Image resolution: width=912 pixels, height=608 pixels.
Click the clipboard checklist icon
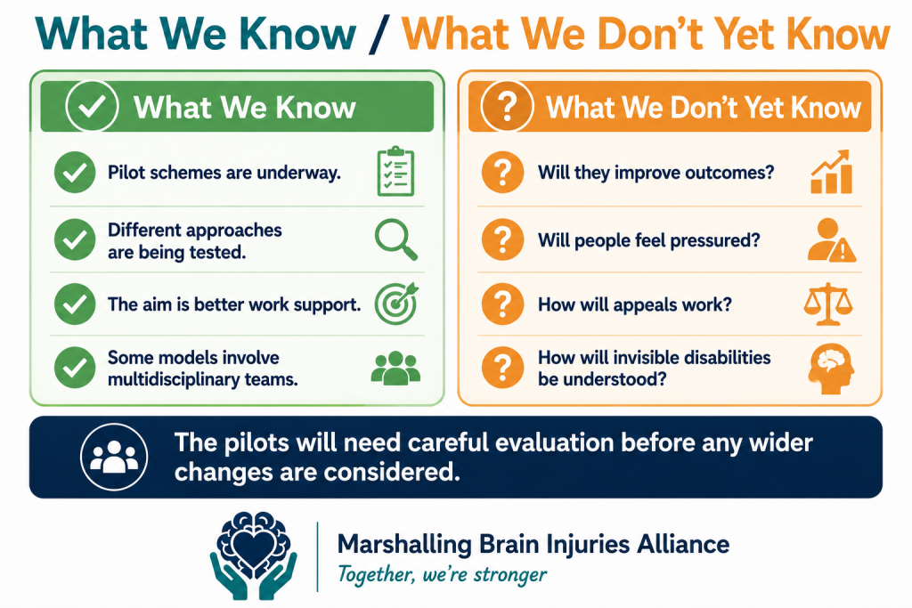click(395, 172)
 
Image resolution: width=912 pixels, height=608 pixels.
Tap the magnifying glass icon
click(395, 239)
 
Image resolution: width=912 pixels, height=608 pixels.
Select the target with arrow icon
click(396, 304)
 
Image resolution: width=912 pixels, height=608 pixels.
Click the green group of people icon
click(395, 368)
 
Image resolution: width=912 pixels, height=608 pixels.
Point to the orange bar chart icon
click(832, 172)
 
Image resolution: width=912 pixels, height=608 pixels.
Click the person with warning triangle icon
click(832, 239)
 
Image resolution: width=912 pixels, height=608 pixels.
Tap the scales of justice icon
click(828, 304)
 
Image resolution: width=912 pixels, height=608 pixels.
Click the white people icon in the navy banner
click(114, 457)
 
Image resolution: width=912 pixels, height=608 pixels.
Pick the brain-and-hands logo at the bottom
click(254, 555)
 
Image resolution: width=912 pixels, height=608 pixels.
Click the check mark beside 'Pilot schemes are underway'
click(75, 173)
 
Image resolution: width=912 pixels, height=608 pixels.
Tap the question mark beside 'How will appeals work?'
click(503, 304)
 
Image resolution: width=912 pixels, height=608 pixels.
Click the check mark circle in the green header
click(92, 106)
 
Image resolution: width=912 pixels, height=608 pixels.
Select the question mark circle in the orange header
click(507, 106)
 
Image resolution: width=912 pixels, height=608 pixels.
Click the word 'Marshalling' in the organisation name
click(405, 545)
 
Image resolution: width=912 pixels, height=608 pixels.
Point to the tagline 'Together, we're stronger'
click(442, 574)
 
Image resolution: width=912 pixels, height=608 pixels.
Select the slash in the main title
click(378, 35)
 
